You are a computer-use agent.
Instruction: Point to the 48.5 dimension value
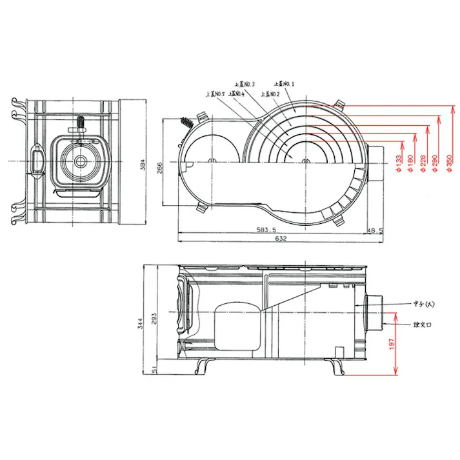(x=375, y=230)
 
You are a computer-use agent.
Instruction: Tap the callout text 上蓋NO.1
(x=284, y=84)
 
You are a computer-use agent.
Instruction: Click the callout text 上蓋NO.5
(x=214, y=94)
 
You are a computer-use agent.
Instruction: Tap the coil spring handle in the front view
(x=79, y=122)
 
